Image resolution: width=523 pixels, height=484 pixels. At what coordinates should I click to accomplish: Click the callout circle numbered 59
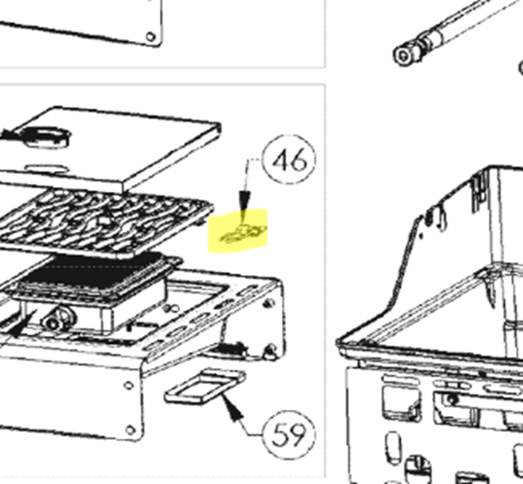pos(289,411)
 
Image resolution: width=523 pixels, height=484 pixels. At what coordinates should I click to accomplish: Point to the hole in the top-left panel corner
pos(150,36)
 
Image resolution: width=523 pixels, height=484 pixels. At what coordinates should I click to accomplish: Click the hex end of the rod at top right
pos(404,55)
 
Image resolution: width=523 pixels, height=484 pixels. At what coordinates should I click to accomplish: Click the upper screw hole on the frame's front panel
pos(128,386)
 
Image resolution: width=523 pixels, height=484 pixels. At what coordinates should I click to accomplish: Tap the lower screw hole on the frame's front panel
pos(130,430)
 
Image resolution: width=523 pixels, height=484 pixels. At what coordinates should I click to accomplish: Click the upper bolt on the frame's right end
pos(268,304)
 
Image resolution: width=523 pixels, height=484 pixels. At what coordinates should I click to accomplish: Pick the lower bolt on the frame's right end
pos(271,350)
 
